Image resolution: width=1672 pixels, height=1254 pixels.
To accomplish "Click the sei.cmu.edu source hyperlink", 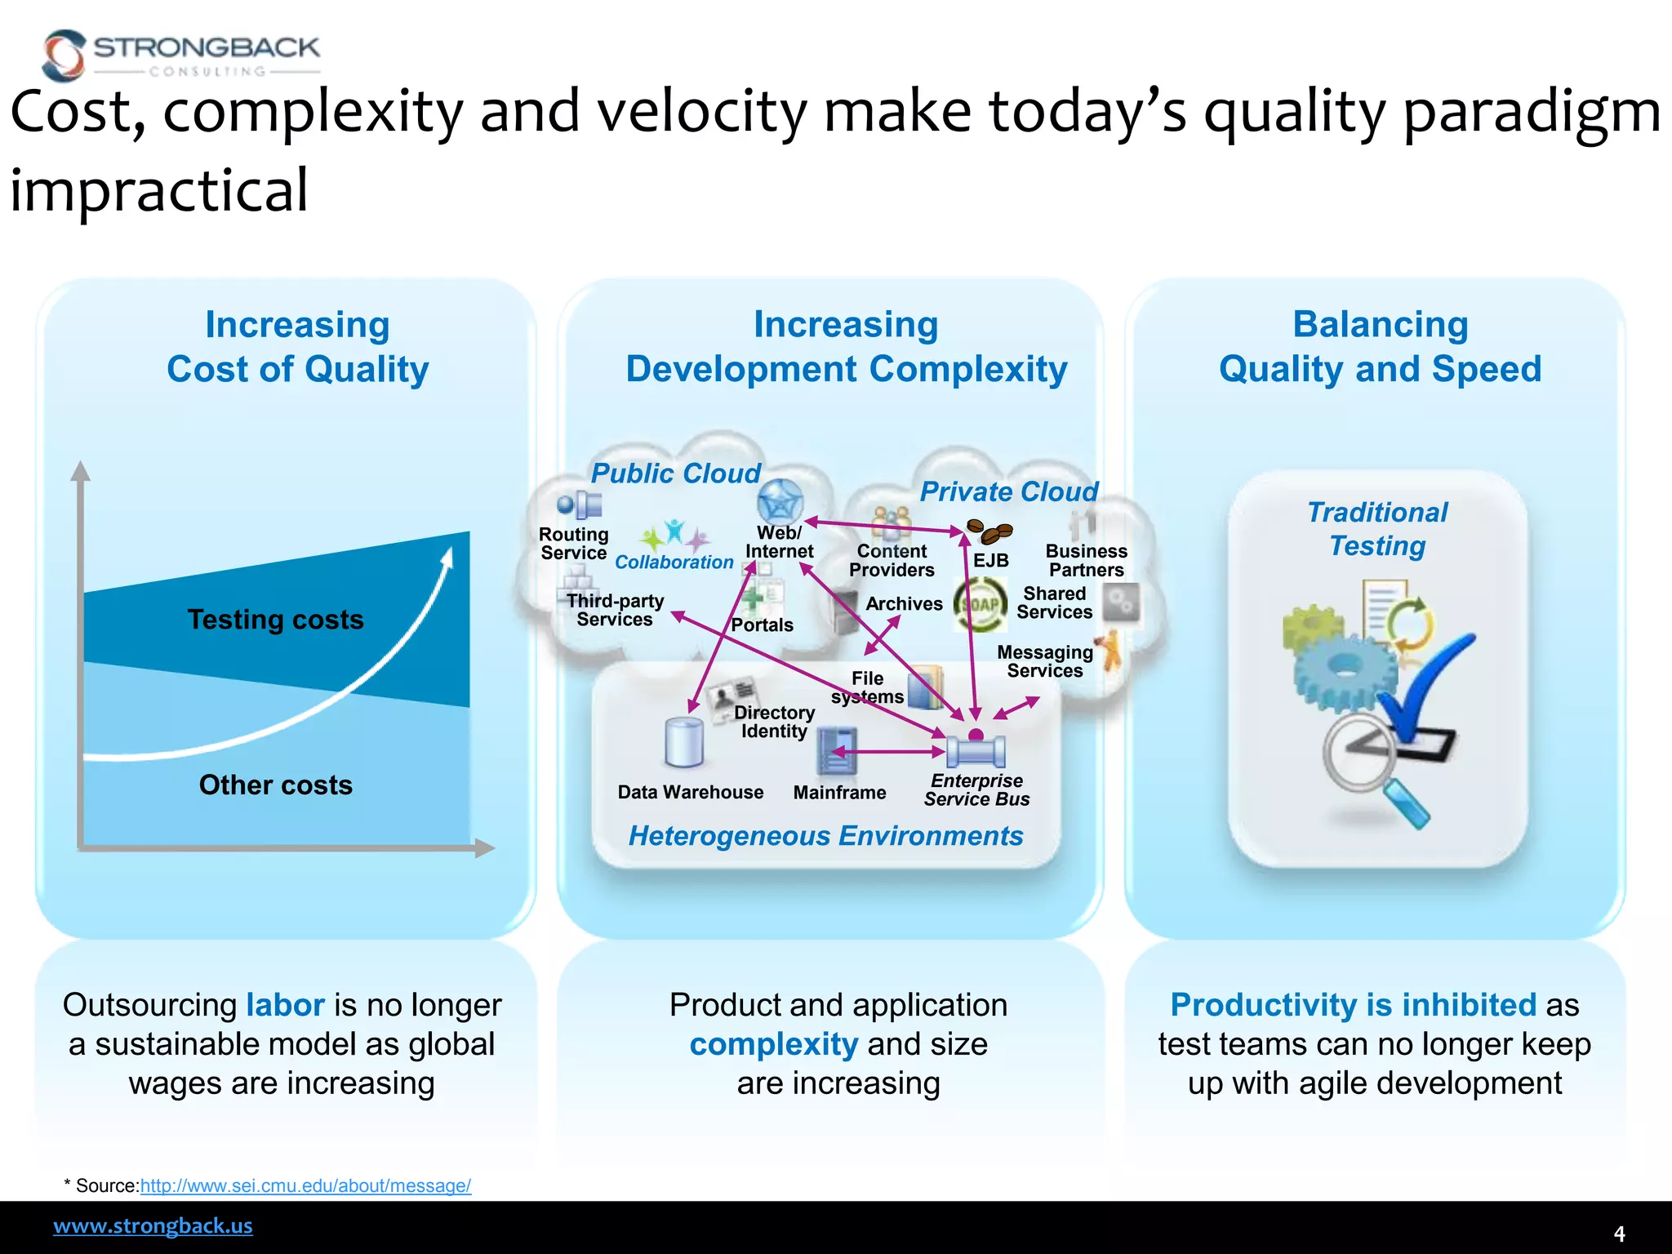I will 305,1185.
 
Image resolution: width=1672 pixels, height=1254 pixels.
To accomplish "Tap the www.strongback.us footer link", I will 153,1225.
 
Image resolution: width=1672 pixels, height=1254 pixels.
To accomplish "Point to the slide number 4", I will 1619,1234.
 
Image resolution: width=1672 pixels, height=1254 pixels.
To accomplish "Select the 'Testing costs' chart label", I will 275,620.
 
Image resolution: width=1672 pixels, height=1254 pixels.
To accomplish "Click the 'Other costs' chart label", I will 275,785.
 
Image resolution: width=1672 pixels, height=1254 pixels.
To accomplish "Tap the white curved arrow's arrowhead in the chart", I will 447,557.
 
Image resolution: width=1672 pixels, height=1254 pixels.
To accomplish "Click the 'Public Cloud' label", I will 675,474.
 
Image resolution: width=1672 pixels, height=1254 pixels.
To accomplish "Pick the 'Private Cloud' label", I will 1008,491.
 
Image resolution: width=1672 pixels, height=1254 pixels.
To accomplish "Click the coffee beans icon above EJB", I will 989,531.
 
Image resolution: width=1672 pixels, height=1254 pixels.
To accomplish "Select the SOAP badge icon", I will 981,605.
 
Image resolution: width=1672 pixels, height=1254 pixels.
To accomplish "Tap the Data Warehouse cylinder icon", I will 683,742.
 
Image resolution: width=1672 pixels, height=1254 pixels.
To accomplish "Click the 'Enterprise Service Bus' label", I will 976,790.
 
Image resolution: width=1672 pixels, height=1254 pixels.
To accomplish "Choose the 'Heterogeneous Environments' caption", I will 825,836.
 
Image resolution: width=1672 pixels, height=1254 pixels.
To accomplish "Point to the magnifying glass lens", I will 1360,750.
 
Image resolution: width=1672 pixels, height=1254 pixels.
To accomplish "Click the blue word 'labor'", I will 285,1005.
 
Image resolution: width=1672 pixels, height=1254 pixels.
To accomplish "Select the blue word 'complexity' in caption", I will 773,1044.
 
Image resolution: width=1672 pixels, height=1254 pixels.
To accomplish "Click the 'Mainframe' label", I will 839,793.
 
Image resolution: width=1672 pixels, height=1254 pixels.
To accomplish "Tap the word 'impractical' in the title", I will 159,190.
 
